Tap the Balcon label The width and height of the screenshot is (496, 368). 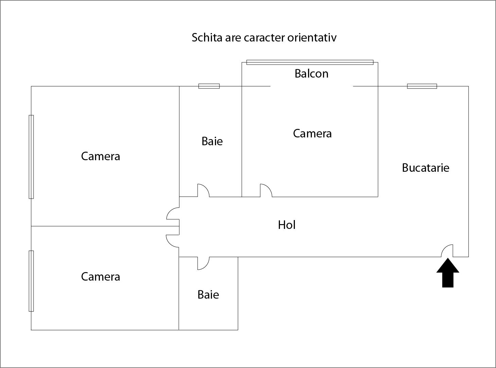pos(311,73)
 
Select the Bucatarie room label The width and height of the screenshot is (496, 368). pos(425,168)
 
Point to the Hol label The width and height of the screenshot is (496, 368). pos(286,225)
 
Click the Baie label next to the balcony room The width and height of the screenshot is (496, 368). pos(212,141)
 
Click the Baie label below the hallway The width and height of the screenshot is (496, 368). pos(208,295)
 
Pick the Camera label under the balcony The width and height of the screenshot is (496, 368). pos(312,133)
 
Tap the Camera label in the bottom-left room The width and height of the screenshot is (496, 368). pos(100,277)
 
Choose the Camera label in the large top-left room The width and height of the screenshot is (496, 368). pos(100,156)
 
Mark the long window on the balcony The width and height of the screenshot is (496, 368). pos(310,62)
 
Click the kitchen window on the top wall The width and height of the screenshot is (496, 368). pos(422,86)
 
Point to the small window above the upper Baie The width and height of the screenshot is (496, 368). pos(209,86)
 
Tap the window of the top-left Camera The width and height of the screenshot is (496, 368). pos(31,157)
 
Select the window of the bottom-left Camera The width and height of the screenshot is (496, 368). pos(31,281)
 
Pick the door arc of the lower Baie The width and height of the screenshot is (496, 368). pos(203,263)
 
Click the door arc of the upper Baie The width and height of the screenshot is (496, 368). pos(203,190)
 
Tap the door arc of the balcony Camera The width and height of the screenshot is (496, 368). pos(266,190)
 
